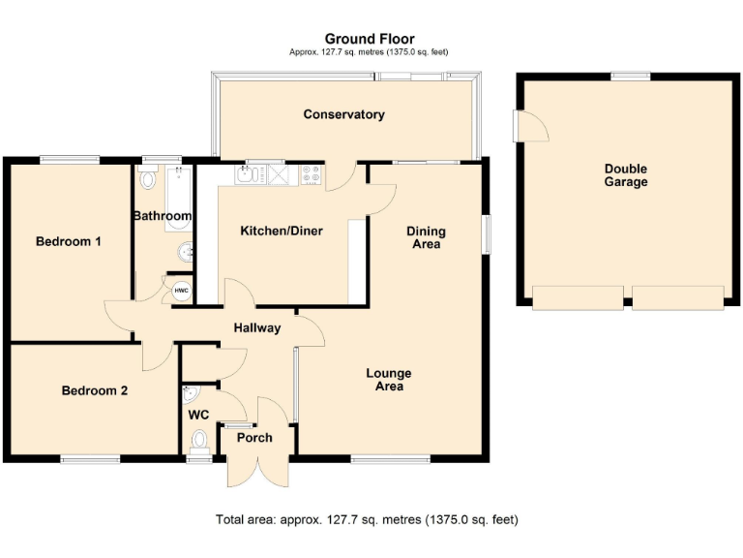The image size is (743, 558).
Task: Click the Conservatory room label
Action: (343, 114)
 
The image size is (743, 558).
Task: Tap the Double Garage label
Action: (626, 174)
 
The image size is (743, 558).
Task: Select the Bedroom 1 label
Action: (69, 241)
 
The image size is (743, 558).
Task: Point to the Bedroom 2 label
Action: (95, 391)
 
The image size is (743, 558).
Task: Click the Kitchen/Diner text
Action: (282, 231)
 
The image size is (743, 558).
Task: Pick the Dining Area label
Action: (426, 237)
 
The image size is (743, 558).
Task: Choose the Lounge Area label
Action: (389, 380)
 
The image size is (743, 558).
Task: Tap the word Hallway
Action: (257, 327)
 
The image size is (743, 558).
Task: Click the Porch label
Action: (254, 438)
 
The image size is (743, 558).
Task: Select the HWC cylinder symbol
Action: (181, 291)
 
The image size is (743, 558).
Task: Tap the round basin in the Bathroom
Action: (184, 254)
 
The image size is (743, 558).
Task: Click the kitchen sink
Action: (247, 174)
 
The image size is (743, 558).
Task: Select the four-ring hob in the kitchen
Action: (312, 174)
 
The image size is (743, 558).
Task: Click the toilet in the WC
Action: (199, 442)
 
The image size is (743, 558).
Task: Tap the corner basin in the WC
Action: (190, 394)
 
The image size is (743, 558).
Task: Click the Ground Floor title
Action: (368, 39)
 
